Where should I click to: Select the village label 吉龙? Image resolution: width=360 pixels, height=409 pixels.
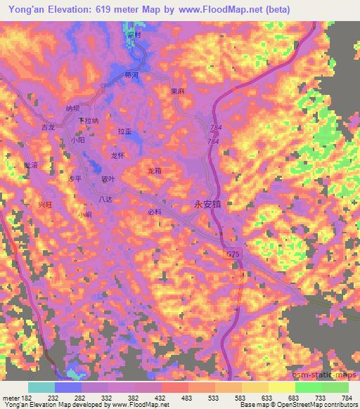(48, 128)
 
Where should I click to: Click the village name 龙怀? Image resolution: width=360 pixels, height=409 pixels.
(118, 155)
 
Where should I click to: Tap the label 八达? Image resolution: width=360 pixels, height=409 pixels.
(105, 200)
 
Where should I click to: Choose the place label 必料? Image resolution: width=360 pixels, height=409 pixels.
(155, 212)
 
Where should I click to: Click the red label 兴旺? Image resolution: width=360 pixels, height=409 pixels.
(46, 204)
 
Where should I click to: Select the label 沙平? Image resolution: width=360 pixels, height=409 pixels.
(75, 179)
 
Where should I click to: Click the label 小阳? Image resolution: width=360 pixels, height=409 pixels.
(77, 141)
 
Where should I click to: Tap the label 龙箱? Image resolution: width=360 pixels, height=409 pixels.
(154, 171)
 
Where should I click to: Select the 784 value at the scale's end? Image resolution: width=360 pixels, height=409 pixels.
(347, 398)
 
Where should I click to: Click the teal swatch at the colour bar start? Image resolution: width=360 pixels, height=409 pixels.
(41, 387)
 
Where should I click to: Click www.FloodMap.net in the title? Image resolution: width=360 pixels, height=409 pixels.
(218, 8)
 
